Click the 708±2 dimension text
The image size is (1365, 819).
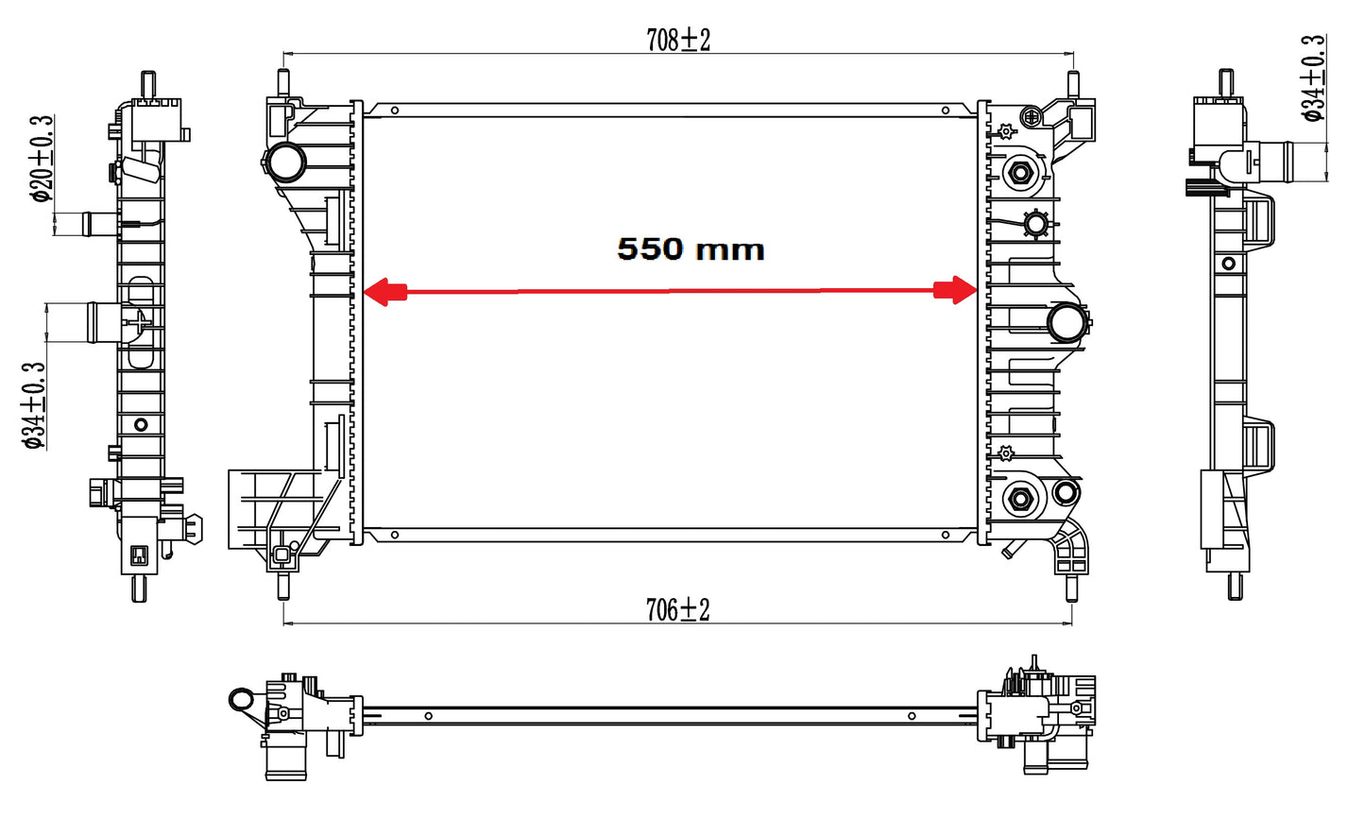pyautogui.click(x=678, y=41)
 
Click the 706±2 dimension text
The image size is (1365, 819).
pyautogui.click(x=677, y=609)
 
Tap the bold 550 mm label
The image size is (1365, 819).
pyautogui.click(x=691, y=249)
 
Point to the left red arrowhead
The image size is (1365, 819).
pyautogui.click(x=384, y=291)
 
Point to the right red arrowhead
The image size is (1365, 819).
pyautogui.click(x=956, y=290)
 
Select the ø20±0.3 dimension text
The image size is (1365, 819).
pyautogui.click(x=43, y=159)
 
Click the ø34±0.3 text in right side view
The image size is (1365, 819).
pyautogui.click(x=1313, y=78)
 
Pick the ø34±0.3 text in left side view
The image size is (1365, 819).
pyautogui.click(x=34, y=406)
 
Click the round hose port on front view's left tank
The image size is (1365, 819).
pyautogui.click(x=286, y=162)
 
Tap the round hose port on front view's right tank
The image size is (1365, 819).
pyautogui.click(x=1067, y=322)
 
